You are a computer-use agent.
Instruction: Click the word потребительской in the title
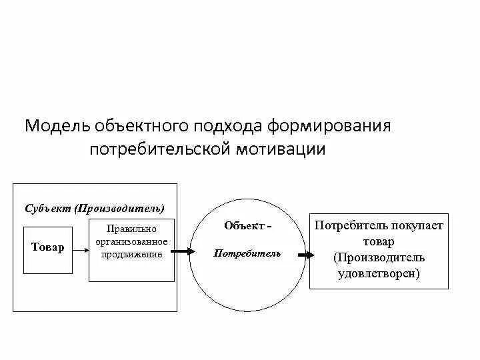point(159,149)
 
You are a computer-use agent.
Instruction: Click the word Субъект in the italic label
point(48,207)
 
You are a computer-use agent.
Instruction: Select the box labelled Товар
point(48,249)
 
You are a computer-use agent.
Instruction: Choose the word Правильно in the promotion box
point(131,230)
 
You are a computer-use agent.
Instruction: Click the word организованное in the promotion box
point(131,242)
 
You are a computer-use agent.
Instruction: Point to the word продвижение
point(131,254)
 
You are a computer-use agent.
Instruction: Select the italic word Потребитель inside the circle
point(247,253)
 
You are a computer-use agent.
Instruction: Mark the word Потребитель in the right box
point(354,225)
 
